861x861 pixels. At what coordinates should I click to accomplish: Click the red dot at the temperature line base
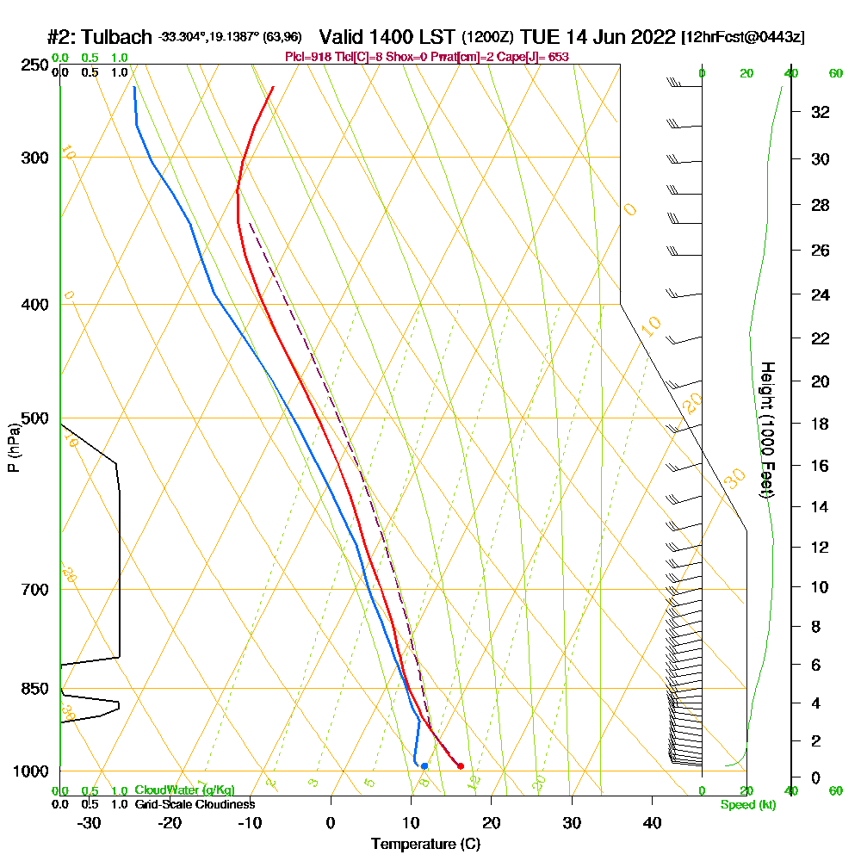pos(461,765)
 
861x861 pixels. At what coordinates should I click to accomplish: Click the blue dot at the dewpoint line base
pos(424,765)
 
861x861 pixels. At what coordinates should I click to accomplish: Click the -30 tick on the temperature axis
pos(90,823)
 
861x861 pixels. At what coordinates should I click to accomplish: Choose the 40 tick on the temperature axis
pos(653,823)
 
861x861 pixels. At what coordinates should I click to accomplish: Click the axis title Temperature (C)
pos(425,845)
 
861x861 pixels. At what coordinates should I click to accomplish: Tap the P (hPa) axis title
pos(13,448)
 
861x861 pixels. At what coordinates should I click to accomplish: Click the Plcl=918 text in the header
pos(308,57)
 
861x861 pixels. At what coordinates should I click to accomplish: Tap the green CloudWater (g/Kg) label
pos(184,790)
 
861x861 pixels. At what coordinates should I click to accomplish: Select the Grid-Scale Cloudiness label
pos(194,804)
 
